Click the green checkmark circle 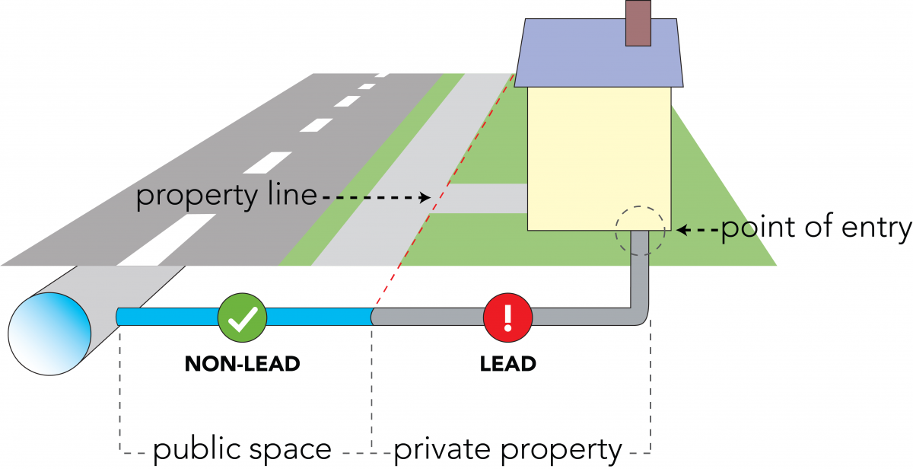point(242,317)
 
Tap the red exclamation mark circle point(508,317)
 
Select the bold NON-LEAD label point(242,364)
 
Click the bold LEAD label point(508,364)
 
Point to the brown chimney point(638,23)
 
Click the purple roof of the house point(598,53)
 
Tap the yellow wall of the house point(600,159)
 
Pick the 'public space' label point(242,450)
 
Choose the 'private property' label point(508,450)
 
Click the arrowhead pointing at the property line point(425,198)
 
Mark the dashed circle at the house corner point(616,231)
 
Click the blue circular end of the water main point(49,333)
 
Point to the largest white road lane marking point(167,240)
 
